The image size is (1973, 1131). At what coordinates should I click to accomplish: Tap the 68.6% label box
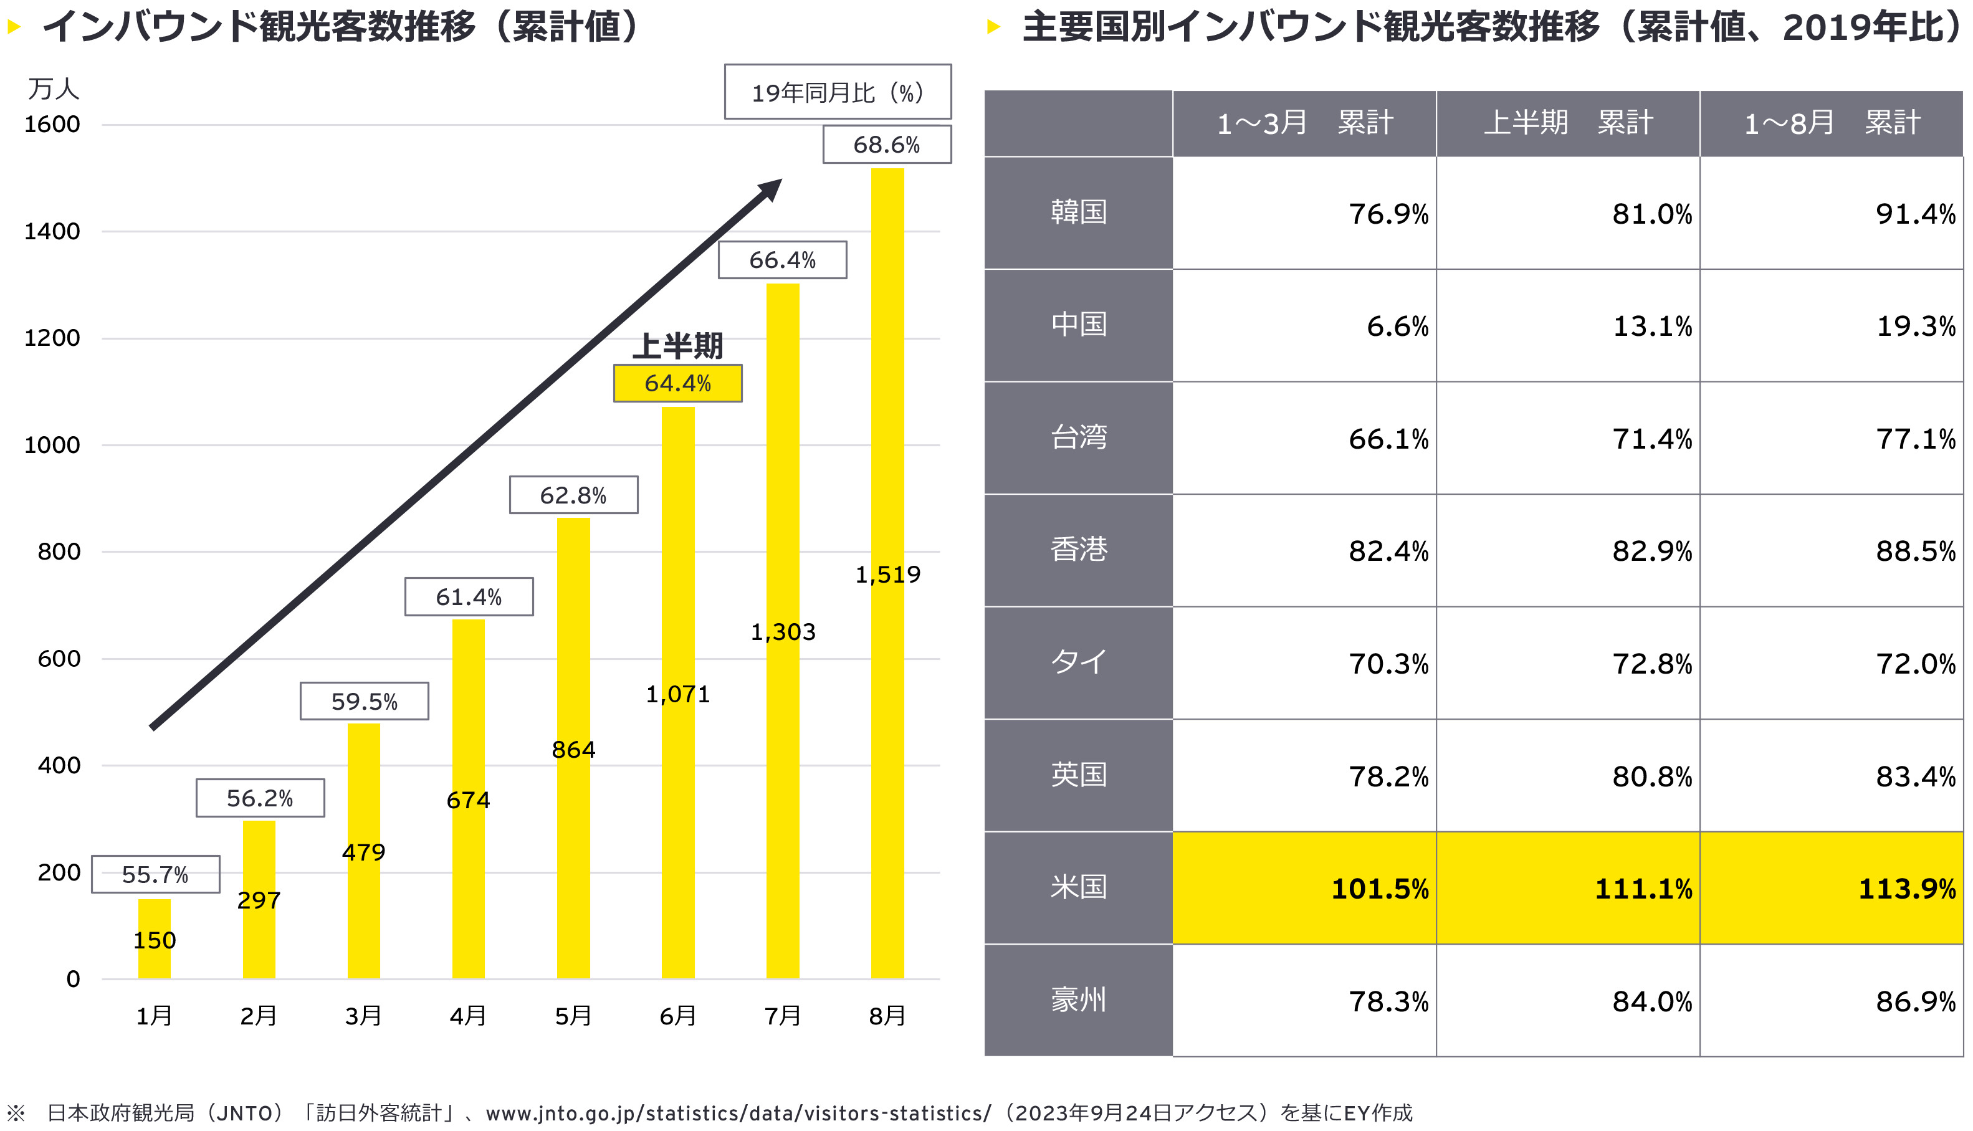pyautogui.click(x=886, y=145)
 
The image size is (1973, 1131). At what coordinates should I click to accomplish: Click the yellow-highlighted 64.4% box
pyautogui.click(x=677, y=383)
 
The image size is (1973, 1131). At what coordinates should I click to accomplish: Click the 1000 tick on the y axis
pyautogui.click(x=52, y=445)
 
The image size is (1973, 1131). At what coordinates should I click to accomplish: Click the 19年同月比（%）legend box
pyautogui.click(x=838, y=92)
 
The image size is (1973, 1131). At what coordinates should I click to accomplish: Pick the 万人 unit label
pyautogui.click(x=54, y=88)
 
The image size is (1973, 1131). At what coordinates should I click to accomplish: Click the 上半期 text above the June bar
pyautogui.click(x=677, y=346)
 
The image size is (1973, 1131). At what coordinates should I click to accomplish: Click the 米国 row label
pyautogui.click(x=1078, y=888)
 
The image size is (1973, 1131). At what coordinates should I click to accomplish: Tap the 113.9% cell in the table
pyautogui.click(x=1906, y=889)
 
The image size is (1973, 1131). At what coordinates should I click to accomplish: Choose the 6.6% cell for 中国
pyautogui.click(x=1397, y=327)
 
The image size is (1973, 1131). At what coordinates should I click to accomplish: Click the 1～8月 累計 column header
pyautogui.click(x=1831, y=123)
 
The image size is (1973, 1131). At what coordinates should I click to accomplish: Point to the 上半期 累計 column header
pyautogui.click(x=1567, y=123)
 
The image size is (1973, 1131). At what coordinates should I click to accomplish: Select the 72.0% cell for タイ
pyautogui.click(x=1915, y=664)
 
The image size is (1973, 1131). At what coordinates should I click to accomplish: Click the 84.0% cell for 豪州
pyautogui.click(x=1651, y=1002)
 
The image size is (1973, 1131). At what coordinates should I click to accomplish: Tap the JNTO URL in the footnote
pyautogui.click(x=738, y=1113)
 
